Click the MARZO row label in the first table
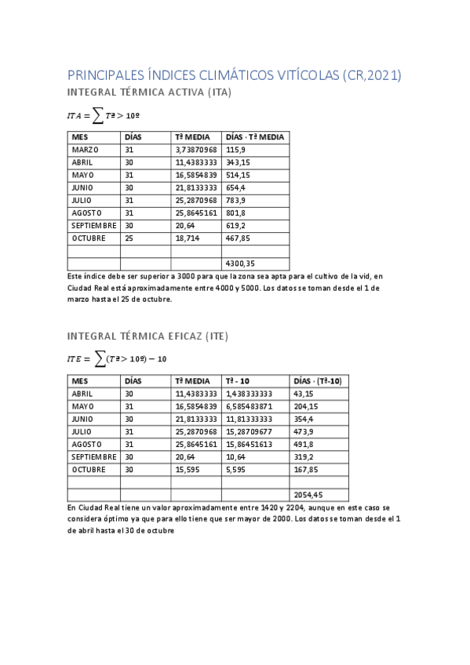[x=85, y=149]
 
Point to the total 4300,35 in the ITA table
[x=239, y=263]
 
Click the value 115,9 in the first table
[x=236, y=149]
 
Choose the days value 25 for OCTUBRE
[x=129, y=238]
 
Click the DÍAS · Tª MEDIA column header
[x=254, y=136]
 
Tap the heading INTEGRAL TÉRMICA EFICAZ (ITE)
[x=148, y=337]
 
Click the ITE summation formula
[x=117, y=359]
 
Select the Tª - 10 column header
[x=239, y=380]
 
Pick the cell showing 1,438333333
[x=249, y=393]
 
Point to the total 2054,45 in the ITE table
[x=308, y=495]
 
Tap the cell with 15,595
[x=188, y=469]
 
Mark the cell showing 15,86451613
[x=249, y=444]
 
